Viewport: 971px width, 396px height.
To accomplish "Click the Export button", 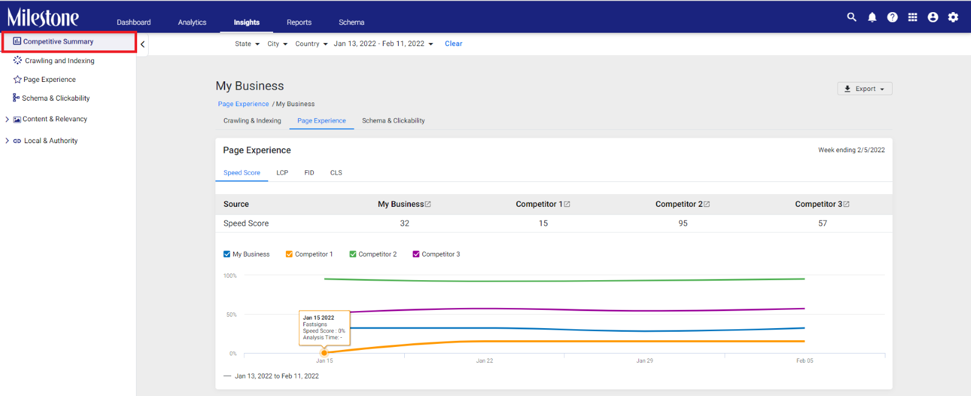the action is coord(864,89).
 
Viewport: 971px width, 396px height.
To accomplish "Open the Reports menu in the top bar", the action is coord(299,22).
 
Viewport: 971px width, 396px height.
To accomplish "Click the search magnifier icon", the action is coord(851,17).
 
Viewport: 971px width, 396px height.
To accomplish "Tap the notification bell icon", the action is coord(871,18).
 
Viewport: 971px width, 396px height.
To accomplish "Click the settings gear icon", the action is coord(953,17).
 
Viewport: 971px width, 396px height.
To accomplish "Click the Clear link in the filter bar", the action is coord(453,44).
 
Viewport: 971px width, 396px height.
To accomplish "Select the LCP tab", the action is coord(282,172).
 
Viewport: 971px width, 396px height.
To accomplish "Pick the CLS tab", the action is coord(336,172).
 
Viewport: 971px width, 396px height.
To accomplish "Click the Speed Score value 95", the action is coord(683,223).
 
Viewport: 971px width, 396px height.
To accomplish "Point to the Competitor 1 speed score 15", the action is coord(543,223).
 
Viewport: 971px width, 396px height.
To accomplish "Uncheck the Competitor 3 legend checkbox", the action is coord(416,254).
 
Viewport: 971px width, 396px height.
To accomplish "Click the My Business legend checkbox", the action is coord(227,254).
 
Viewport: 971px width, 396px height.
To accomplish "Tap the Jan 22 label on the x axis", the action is coord(484,360).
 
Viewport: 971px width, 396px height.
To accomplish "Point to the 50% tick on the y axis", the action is coord(231,315).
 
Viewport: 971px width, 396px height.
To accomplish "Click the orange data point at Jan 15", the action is coord(324,353).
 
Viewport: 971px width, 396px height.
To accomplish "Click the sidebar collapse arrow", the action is coord(143,44).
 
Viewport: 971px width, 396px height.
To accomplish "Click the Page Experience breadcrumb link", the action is coord(243,104).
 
